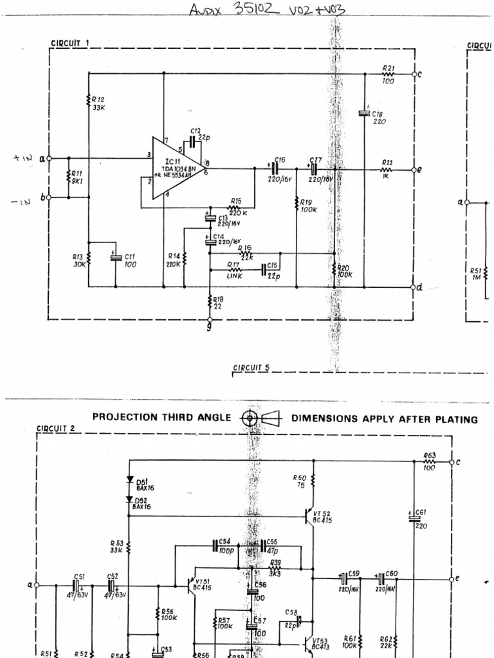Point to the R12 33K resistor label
coord(98,103)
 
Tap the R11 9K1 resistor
coord(68,177)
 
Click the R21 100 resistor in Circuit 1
coord(389,74)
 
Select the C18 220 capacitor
coord(364,114)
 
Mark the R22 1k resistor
coord(387,170)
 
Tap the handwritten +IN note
coord(22,157)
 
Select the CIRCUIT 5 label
coord(252,368)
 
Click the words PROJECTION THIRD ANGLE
coord(161,418)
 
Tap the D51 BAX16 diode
coord(131,481)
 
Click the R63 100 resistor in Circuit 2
coord(430,461)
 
